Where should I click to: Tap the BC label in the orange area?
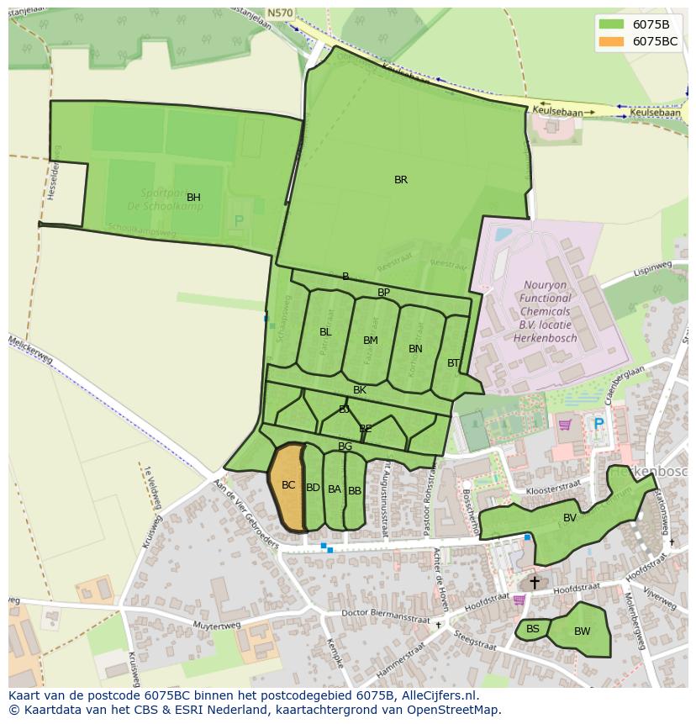[x=288, y=485]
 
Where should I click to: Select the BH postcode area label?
[x=193, y=198]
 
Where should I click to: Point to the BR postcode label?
[x=401, y=180]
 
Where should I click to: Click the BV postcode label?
[x=570, y=518]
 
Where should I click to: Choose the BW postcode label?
[x=582, y=632]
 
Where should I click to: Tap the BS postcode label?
[x=533, y=629]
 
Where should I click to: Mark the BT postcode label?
[x=454, y=363]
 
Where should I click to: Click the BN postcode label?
[x=415, y=349]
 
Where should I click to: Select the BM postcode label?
[x=371, y=341]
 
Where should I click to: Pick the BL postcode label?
[x=325, y=332]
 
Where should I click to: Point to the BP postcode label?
[x=383, y=293]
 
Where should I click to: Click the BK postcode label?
[x=360, y=390]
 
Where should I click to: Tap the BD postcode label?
[x=313, y=488]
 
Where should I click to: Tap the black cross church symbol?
[x=534, y=582]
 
